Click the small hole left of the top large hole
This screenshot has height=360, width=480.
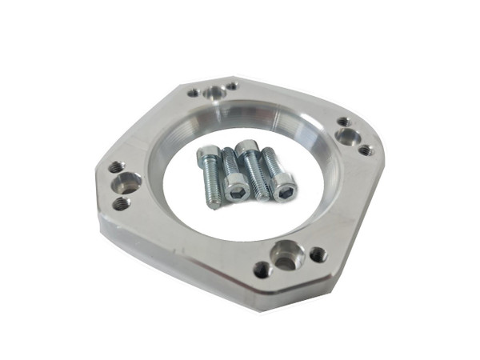194,92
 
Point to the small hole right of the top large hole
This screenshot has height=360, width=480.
231,86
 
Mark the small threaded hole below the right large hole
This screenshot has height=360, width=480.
365,150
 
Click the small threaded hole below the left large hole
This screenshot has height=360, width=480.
122,204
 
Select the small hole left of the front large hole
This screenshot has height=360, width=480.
260,269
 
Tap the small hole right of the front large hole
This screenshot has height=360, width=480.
318,255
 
